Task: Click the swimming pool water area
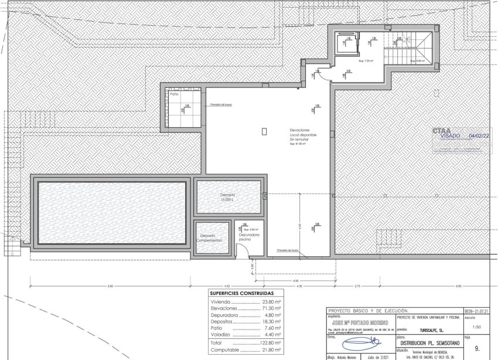pyautogui.click(x=112, y=212)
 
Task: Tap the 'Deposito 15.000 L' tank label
pyautogui.click(x=228, y=198)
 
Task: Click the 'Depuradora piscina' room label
pyautogui.click(x=248, y=237)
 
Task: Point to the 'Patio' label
pyautogui.click(x=174, y=94)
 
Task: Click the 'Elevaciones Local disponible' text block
pyautogui.click(x=303, y=134)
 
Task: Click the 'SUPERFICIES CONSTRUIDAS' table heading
pyautogui.click(x=241, y=293)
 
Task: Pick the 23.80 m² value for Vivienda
pyautogui.click(x=272, y=301)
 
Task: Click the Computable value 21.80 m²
pyautogui.click(x=272, y=350)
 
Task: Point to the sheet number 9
pyautogui.click(x=476, y=348)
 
